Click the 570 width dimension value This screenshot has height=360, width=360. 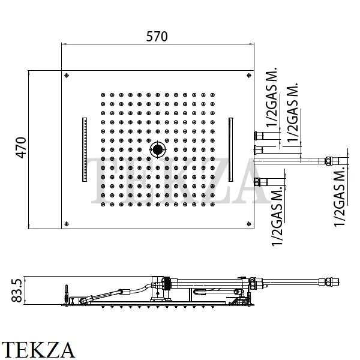click(x=157, y=37)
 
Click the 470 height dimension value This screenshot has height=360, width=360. click(x=21, y=148)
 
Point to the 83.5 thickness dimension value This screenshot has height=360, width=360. click(x=17, y=290)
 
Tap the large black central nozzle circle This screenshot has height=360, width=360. click(x=158, y=149)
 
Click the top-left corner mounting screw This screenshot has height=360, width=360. click(x=67, y=76)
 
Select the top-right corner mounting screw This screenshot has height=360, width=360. click(x=249, y=76)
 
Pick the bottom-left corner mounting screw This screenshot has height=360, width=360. click(x=67, y=224)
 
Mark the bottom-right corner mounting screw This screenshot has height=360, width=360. click(x=249, y=224)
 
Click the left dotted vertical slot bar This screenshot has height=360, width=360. click(x=85, y=149)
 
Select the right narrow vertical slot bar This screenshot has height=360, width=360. click(x=231, y=149)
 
